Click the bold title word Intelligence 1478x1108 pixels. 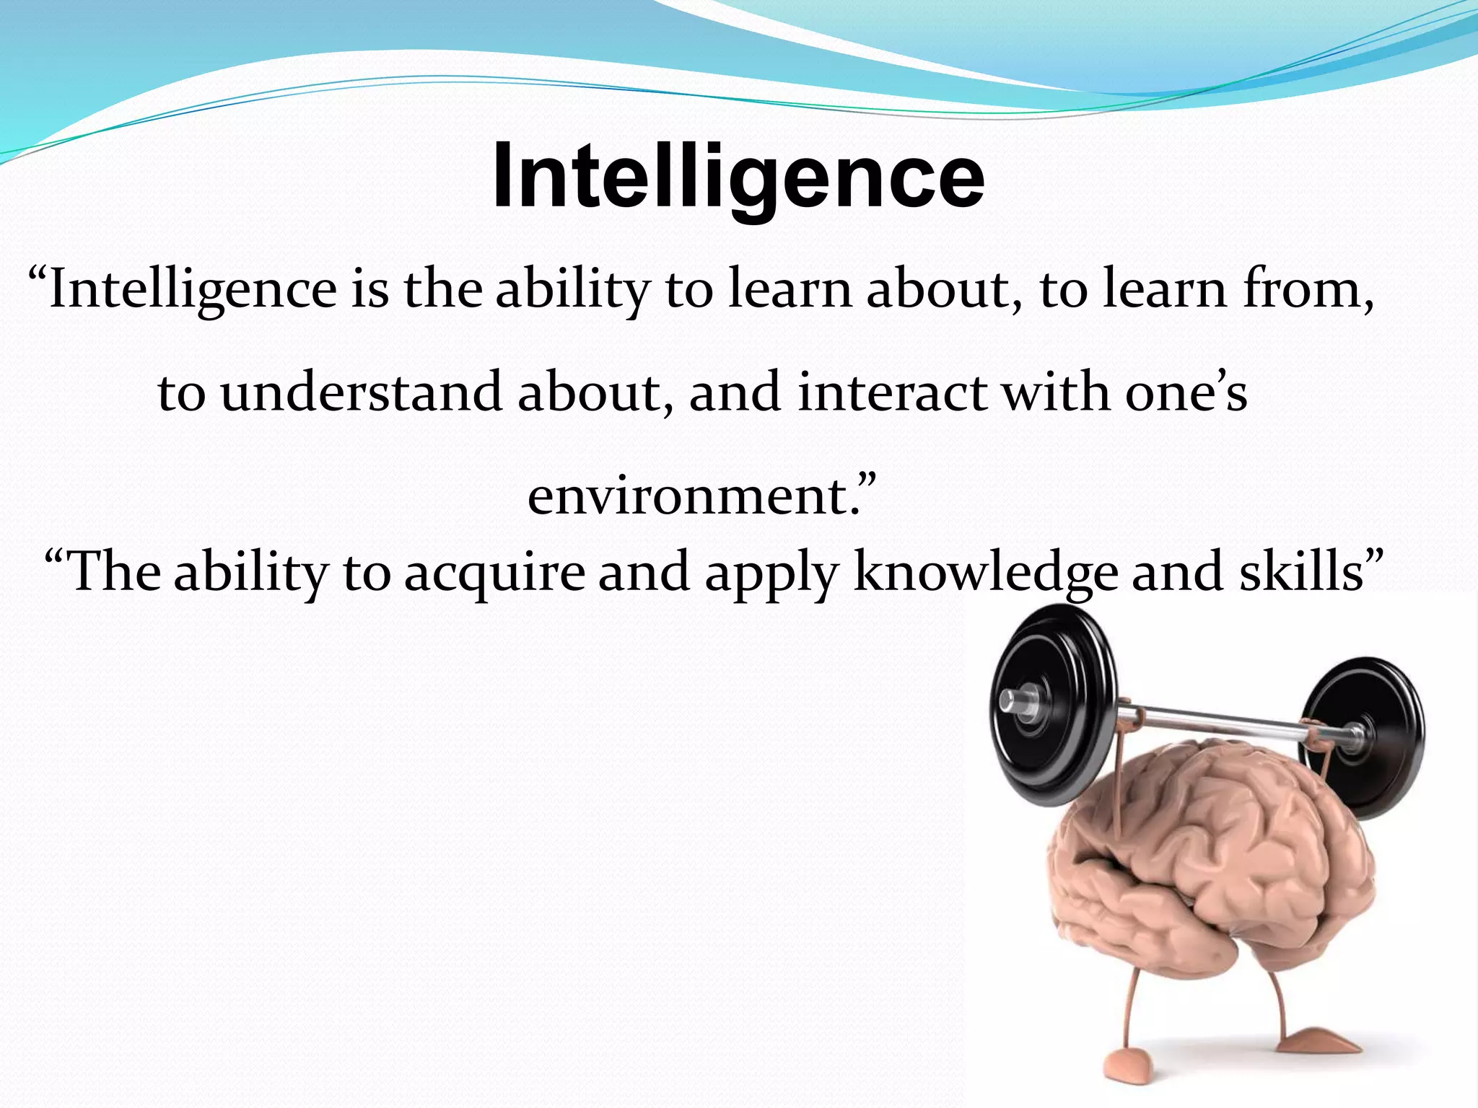pos(738,176)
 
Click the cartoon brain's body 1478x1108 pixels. pos(1212,866)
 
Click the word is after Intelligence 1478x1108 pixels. pos(370,289)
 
